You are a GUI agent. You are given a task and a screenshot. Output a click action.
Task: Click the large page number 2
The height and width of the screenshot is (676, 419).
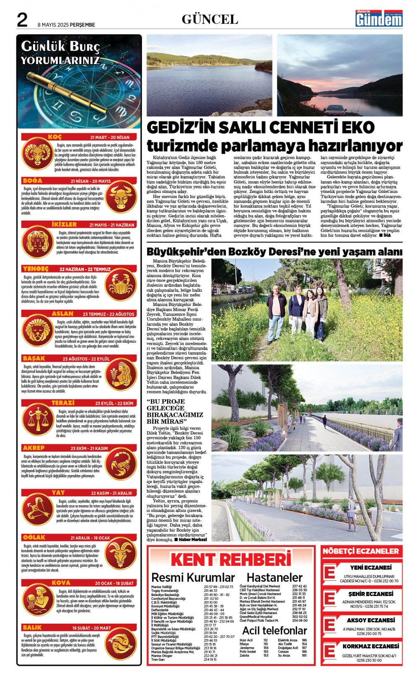[22, 20]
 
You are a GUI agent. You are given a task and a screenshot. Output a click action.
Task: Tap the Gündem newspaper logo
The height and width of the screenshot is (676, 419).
[379, 19]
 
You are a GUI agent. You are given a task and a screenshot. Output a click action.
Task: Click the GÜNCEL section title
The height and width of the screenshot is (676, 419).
[209, 19]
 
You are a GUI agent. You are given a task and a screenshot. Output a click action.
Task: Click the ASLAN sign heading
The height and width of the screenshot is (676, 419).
[62, 314]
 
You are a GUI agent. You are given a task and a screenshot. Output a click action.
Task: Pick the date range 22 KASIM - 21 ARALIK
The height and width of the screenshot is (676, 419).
[111, 493]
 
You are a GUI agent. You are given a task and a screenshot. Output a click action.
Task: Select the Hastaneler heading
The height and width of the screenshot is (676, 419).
[274, 578]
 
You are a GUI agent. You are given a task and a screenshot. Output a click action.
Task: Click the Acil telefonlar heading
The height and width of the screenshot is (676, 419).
[274, 630]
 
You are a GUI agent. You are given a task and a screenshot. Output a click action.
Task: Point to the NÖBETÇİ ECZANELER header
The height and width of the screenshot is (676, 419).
[361, 551]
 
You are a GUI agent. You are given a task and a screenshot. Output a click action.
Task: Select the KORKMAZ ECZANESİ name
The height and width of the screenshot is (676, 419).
[371, 646]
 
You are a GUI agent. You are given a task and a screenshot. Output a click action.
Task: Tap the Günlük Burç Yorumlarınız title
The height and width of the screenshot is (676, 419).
[60, 53]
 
